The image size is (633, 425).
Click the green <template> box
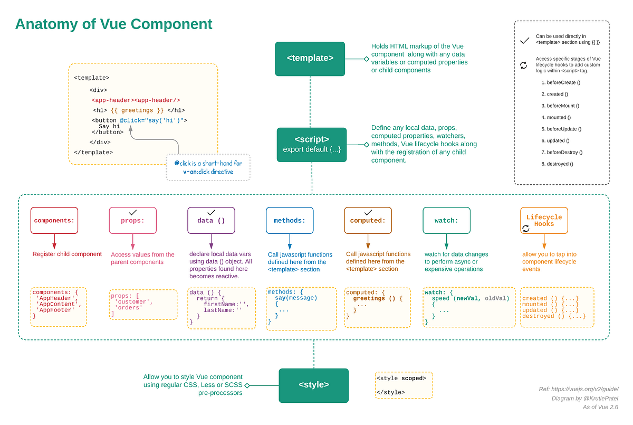click(310, 59)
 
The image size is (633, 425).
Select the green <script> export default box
click(311, 145)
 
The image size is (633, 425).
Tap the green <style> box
click(313, 385)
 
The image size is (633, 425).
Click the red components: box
click(54, 221)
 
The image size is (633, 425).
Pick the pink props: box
click(132, 221)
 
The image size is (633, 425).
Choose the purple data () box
click(211, 221)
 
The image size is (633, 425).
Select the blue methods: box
click(289, 221)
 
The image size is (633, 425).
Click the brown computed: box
click(368, 221)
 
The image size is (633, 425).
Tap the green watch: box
click(446, 221)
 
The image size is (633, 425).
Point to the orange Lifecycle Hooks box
click(544, 220)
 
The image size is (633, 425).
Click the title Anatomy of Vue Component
click(113, 24)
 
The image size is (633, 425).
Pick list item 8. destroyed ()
click(557, 164)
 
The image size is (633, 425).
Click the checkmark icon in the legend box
click(524, 40)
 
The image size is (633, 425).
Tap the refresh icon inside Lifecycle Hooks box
click(525, 229)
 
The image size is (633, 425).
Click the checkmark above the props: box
click(133, 211)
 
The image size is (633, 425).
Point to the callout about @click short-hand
click(208, 167)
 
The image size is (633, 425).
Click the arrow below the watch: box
click(446, 242)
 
